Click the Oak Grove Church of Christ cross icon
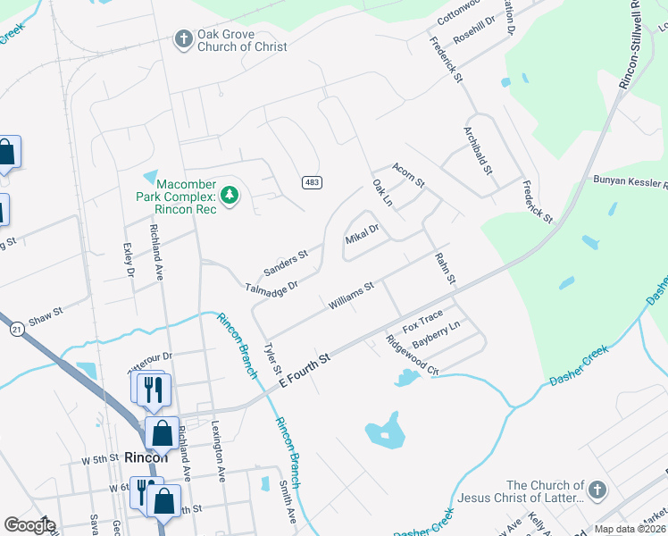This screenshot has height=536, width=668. coord(183,39)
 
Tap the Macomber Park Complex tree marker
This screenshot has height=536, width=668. coord(230,194)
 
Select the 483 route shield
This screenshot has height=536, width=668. coord(312,182)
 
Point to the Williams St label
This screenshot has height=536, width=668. coord(350,297)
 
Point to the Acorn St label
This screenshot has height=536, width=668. coord(409,174)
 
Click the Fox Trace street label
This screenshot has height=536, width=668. coord(422,320)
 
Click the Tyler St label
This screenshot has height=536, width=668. coord(272,357)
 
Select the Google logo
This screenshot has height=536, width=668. coord(29,525)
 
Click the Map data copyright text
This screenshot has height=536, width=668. coord(629,529)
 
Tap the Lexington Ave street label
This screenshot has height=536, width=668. coord(215,455)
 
